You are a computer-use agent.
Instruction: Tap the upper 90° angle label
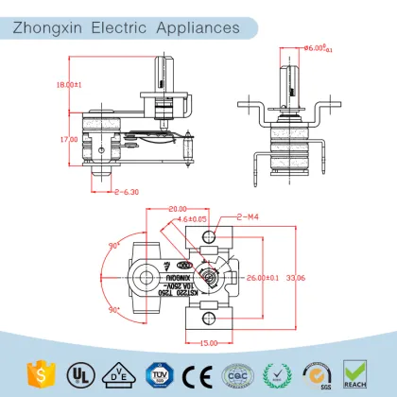tap(117, 244)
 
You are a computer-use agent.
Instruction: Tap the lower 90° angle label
tap(117, 310)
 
